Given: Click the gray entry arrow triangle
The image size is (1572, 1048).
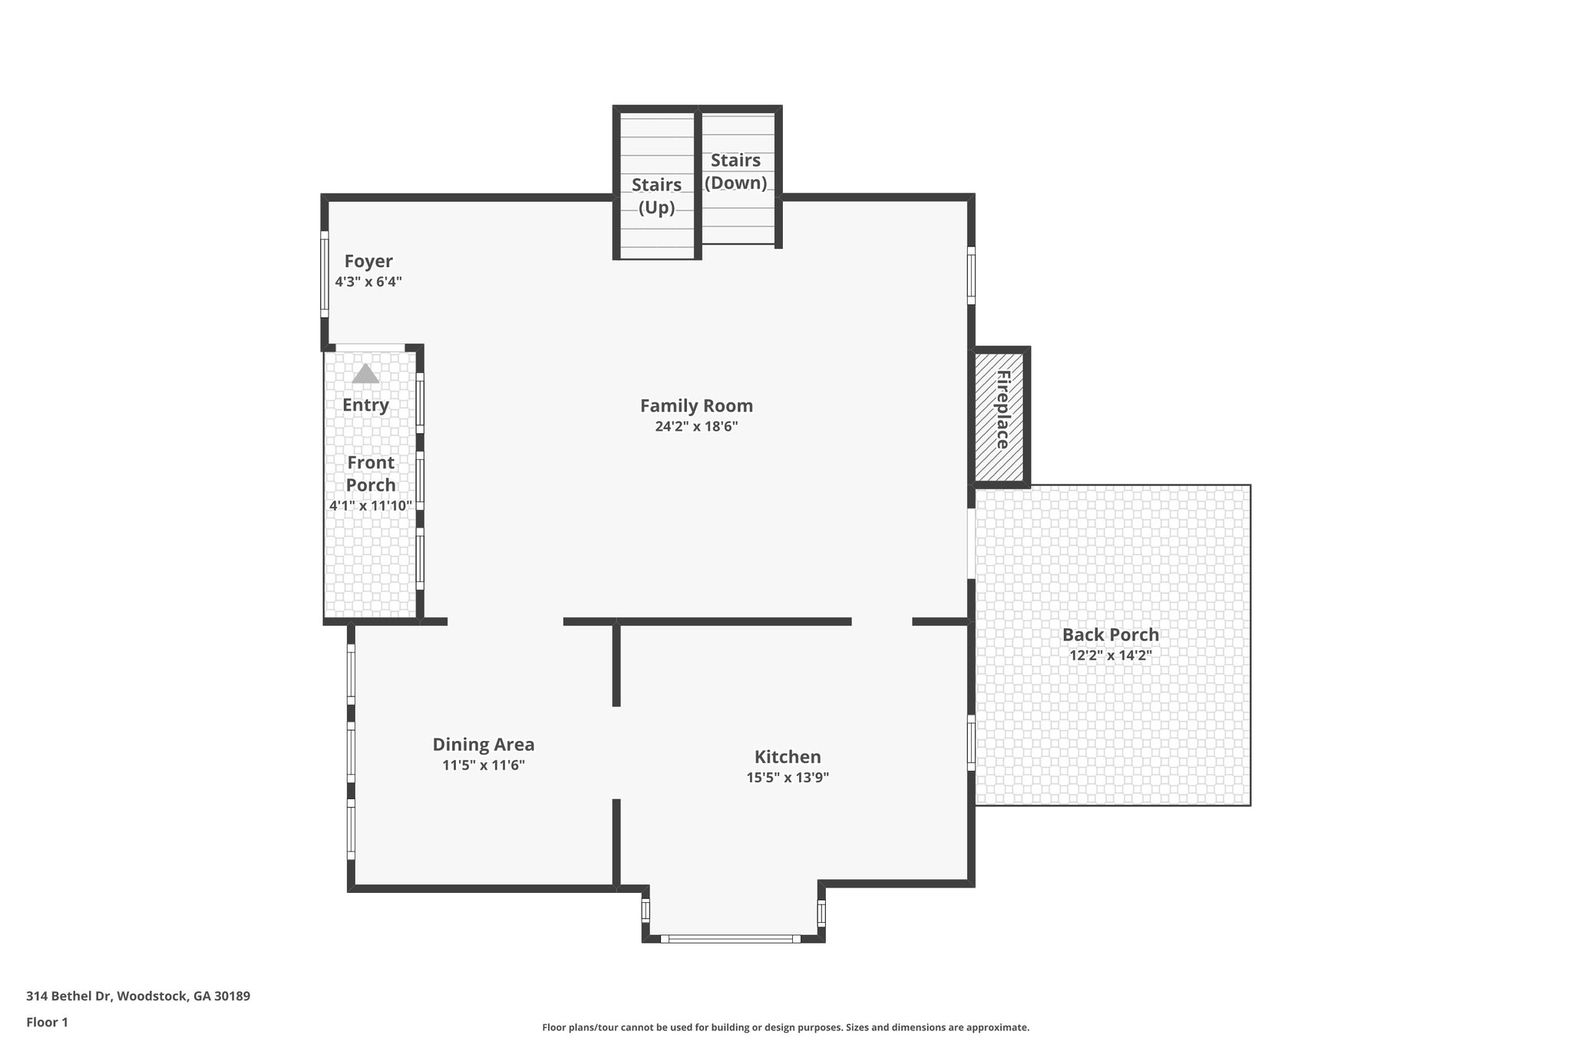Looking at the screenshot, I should pyautogui.click(x=365, y=374).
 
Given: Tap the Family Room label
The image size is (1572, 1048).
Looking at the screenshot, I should pyautogui.click(x=696, y=405).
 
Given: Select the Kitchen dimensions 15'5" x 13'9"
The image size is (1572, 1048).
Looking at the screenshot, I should pyautogui.click(x=788, y=777).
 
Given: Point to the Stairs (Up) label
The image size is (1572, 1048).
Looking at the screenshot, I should pyautogui.click(x=656, y=196).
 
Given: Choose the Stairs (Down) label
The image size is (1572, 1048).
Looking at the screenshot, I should pyautogui.click(x=735, y=171).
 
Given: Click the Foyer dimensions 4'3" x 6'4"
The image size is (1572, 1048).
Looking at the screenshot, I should pyautogui.click(x=368, y=282).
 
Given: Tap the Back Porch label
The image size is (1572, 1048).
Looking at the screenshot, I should pyautogui.click(x=1110, y=635).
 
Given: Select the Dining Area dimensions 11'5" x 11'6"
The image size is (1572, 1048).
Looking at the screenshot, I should pyautogui.click(x=483, y=765).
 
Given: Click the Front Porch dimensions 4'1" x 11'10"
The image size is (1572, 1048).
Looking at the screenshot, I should pyautogui.click(x=371, y=505).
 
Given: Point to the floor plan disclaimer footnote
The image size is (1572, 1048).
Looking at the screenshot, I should pyautogui.click(x=785, y=1027).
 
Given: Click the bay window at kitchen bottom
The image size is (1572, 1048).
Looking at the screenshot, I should pyautogui.click(x=730, y=938).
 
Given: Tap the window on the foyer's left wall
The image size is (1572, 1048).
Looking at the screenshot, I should pyautogui.click(x=324, y=273).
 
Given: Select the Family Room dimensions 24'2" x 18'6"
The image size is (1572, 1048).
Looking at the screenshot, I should pyautogui.click(x=696, y=427).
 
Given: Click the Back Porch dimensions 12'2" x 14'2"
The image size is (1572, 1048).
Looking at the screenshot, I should pyautogui.click(x=1110, y=656).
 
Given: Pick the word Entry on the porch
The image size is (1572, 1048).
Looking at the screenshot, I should pyautogui.click(x=365, y=405).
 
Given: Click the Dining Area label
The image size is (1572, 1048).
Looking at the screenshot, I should pyautogui.click(x=483, y=744).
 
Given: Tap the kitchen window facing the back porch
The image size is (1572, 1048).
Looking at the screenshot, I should pyautogui.click(x=971, y=742).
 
